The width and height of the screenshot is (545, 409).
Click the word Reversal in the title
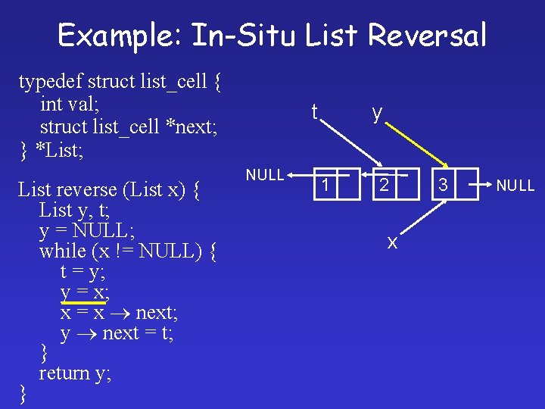428,36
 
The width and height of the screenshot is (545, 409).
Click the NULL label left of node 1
264,175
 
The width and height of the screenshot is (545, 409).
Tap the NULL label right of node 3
515,185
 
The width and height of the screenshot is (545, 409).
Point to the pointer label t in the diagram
313,112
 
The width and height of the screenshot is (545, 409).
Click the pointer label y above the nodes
376,113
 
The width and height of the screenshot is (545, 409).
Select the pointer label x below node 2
391,242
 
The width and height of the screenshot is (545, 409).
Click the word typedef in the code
50,80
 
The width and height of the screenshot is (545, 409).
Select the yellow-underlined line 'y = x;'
84,292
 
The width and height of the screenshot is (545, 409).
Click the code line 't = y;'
84,271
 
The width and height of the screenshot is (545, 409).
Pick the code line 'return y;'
75,373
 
